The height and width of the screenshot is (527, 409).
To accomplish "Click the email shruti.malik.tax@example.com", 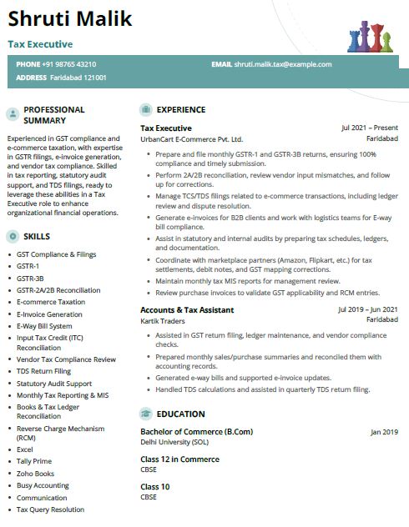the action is pos(283,64).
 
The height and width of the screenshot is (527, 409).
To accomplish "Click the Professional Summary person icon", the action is pos(13,114).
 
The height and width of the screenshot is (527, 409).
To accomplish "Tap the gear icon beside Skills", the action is pos(13,237).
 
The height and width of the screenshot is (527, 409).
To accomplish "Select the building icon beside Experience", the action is pos(146,109).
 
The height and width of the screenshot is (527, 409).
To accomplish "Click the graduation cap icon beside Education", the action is pos(146,414).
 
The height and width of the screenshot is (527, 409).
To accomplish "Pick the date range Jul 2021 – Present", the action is pos(370,128).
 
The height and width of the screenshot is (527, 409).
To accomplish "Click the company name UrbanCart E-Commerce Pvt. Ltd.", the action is pos(191,139).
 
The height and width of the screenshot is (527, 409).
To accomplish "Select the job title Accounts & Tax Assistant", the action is pos(186,310).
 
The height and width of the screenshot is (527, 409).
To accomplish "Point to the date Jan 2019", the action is pos(385,432).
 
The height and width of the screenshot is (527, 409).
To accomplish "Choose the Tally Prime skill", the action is pos(34,461).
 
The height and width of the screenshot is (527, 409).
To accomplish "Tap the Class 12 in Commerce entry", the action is pos(179,459).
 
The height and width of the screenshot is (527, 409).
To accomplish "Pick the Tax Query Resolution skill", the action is pos(50,509).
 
